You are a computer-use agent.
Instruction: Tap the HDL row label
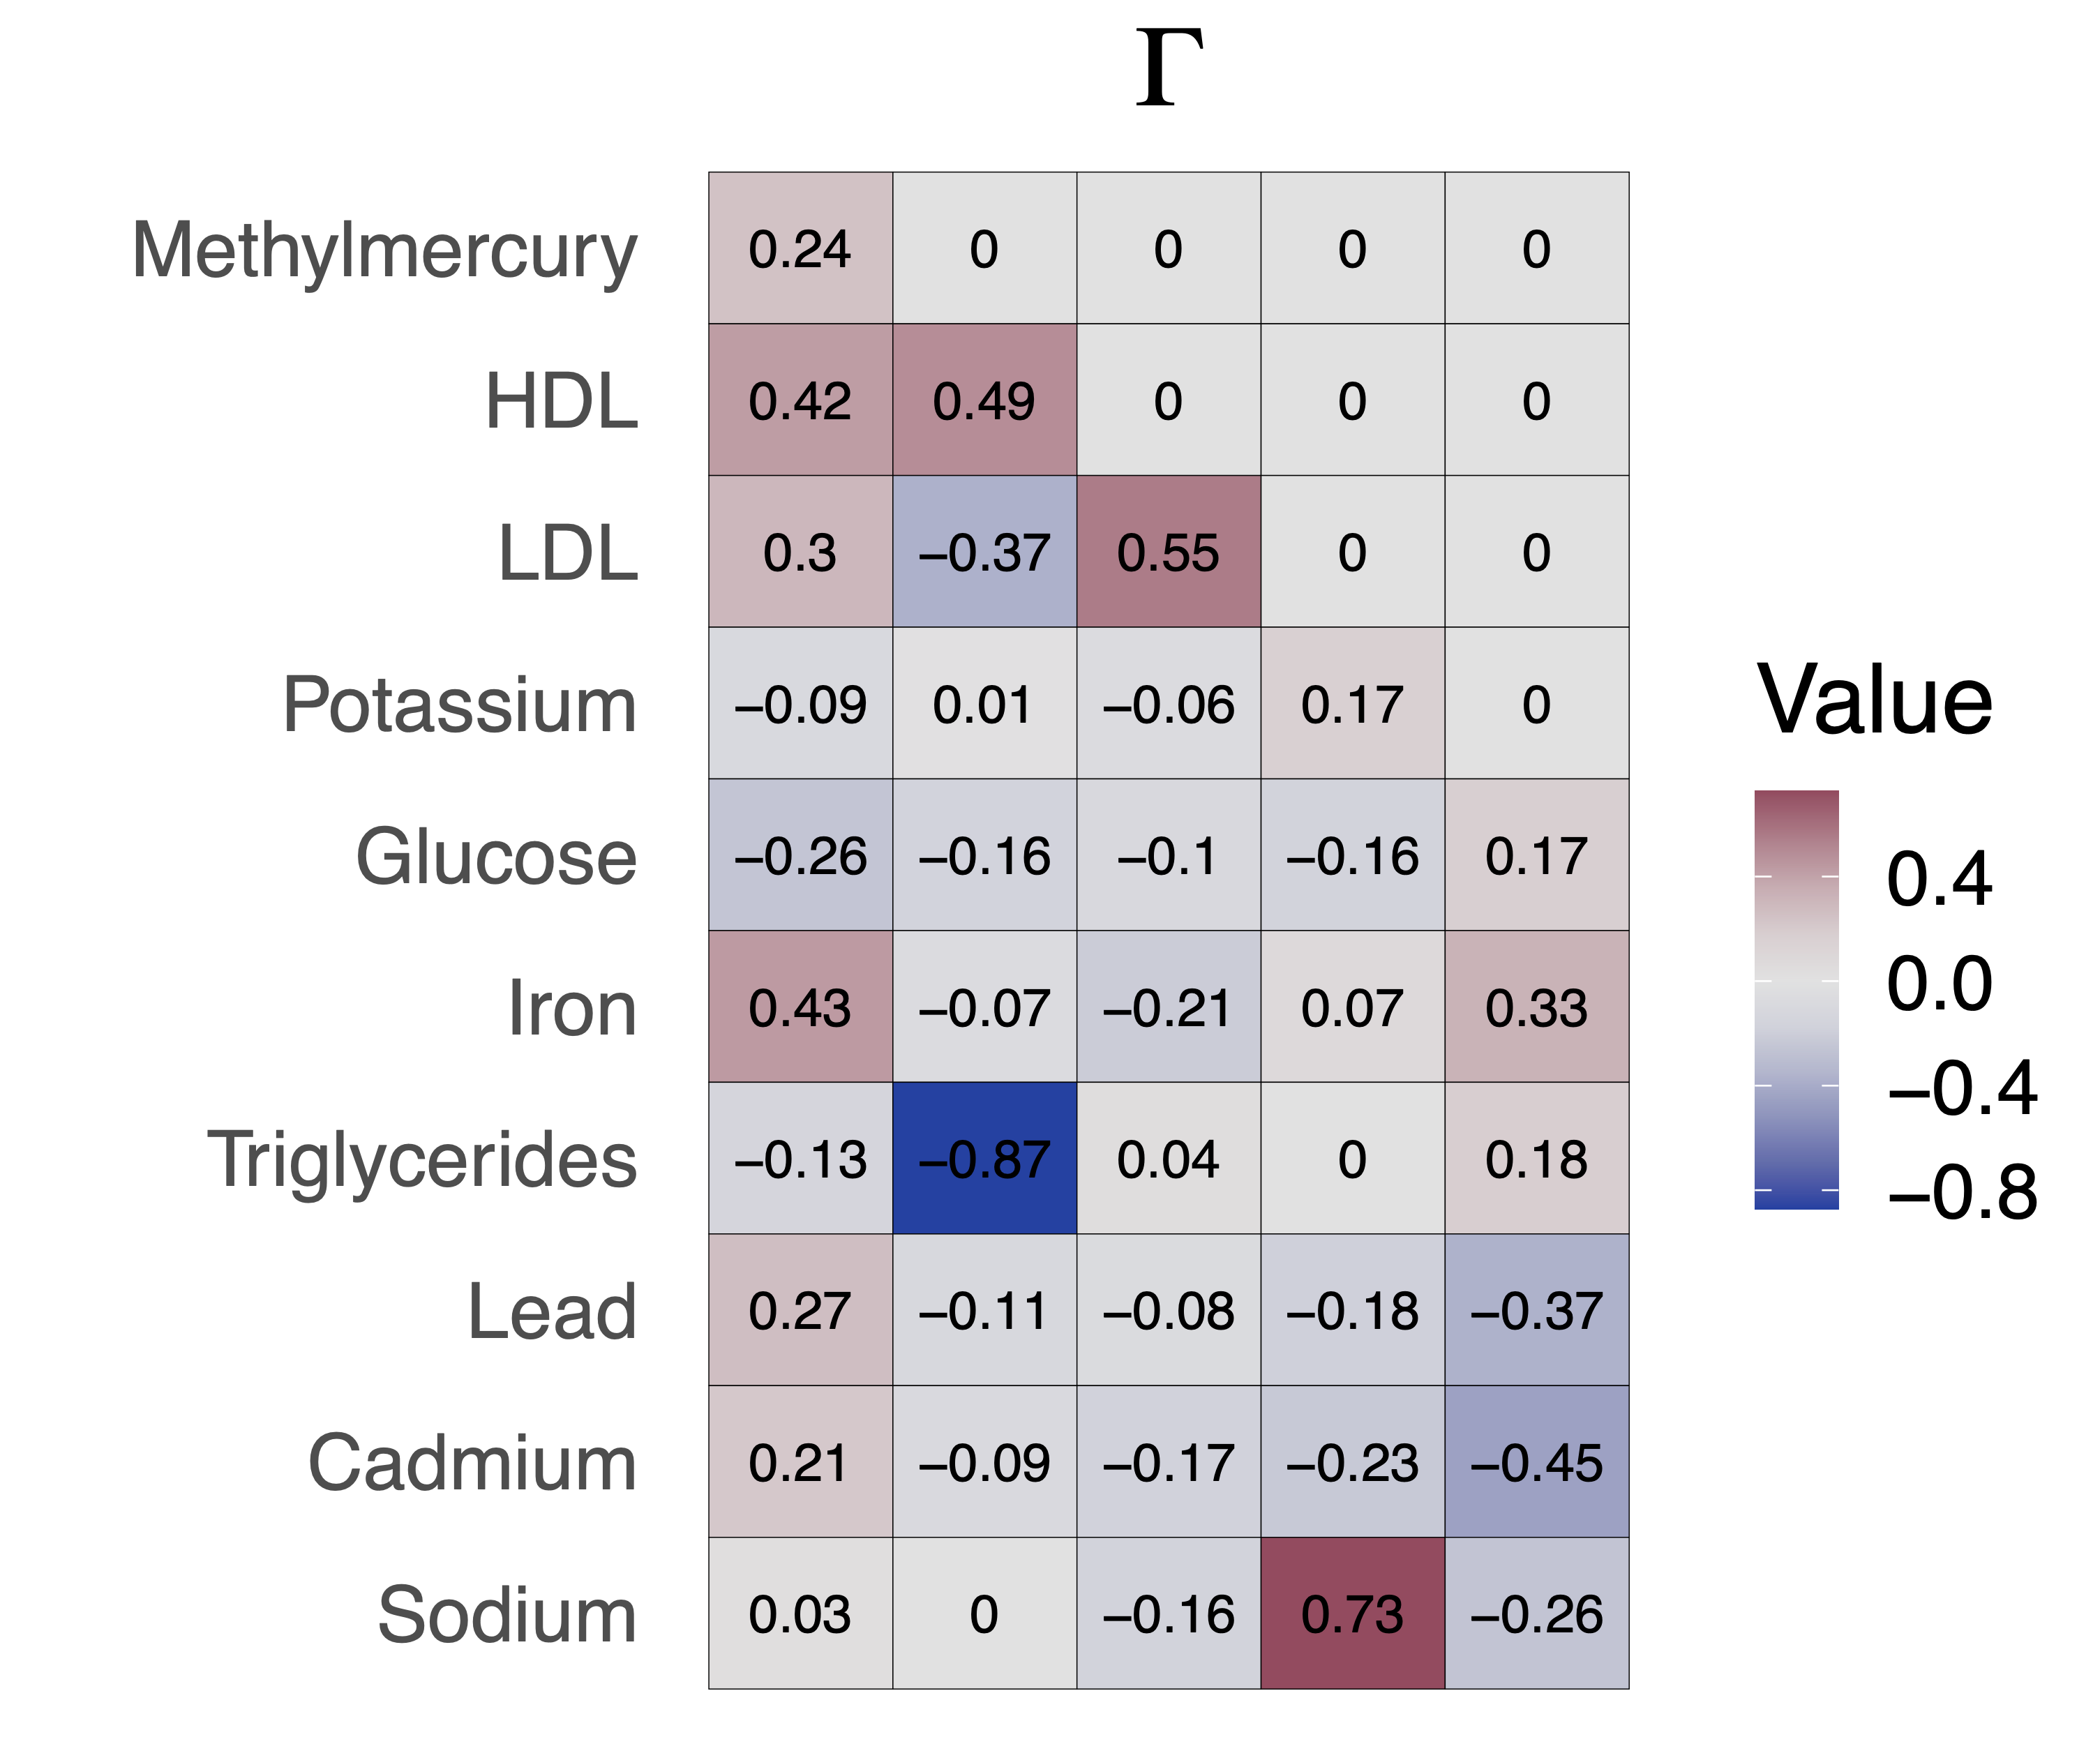coord(561,402)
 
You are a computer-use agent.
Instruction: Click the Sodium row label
coord(507,1614)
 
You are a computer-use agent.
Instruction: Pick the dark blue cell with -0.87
coord(984,1159)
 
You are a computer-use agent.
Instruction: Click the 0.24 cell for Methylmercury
coord(800,249)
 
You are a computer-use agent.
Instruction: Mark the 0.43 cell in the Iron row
coord(800,1007)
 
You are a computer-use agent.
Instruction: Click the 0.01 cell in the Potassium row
coord(984,705)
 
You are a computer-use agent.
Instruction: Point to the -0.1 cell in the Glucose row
coord(1168,856)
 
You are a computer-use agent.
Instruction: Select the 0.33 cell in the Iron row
coord(1536,1007)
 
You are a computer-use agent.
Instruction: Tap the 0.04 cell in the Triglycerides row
coord(1168,1159)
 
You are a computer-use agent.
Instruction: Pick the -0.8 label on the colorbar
coord(1961,1192)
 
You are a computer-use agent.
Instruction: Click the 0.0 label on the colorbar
coord(1939,984)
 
